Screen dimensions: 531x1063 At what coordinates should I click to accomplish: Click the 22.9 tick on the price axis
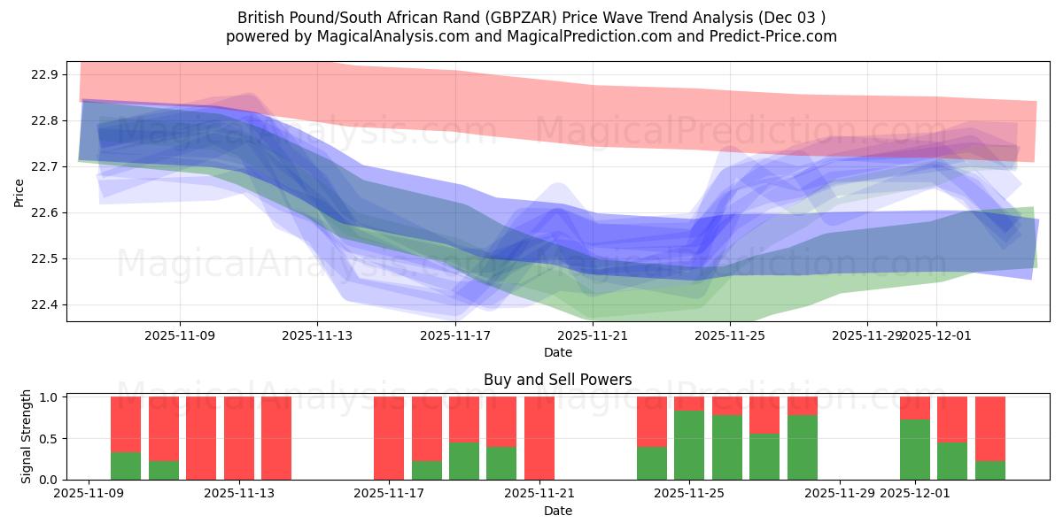45,74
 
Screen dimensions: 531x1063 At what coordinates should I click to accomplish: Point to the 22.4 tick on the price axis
45,305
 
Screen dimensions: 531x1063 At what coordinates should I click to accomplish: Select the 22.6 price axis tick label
45,213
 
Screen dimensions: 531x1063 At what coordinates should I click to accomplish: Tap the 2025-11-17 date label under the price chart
454,335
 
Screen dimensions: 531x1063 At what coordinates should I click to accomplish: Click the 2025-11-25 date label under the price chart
729,335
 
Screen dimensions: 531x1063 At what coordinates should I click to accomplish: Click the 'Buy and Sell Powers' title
557,380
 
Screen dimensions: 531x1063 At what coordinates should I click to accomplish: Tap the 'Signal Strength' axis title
27,436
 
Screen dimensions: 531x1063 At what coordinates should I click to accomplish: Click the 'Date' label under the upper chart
557,352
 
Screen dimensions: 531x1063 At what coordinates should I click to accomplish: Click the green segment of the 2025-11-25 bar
689,445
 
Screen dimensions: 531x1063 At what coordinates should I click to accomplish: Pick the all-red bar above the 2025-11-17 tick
389,438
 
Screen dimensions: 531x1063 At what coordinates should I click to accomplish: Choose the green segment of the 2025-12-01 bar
915,450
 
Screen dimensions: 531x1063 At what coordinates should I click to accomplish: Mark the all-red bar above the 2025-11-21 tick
539,438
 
